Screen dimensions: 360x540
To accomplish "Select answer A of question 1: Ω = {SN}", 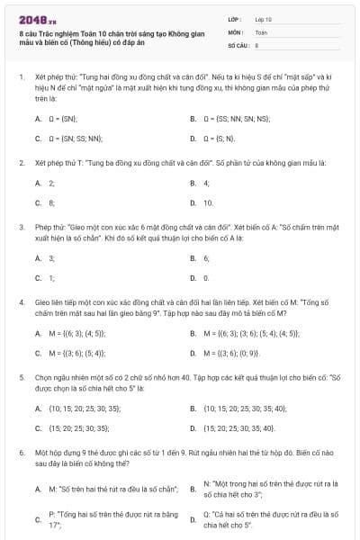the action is pyautogui.click(x=63, y=118).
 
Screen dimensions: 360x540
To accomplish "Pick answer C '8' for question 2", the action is pyautogui.click(x=51, y=202).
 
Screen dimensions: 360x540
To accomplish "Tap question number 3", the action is pyautogui.click(x=21, y=229).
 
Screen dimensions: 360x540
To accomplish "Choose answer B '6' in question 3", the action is pyautogui.click(x=206, y=257).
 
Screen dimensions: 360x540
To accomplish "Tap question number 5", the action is pyautogui.click(x=21, y=380).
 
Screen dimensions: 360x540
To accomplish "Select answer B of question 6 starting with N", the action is pyautogui.click(x=270, y=489).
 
